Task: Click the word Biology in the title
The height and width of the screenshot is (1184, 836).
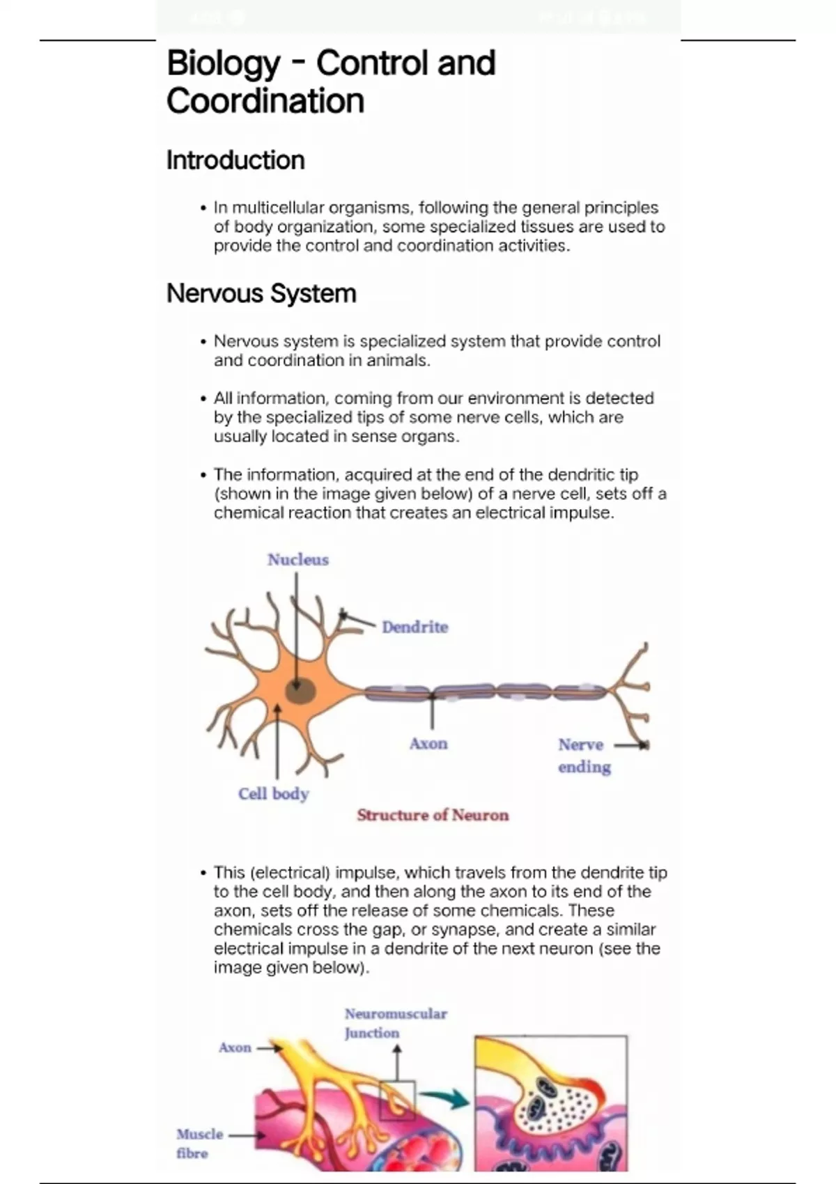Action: coord(223,64)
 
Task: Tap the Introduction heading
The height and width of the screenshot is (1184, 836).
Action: coord(235,160)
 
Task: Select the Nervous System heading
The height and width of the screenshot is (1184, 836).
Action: coord(261,293)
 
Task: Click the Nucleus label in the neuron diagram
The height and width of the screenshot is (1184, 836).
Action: coord(297,559)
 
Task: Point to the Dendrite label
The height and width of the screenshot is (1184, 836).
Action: coord(415,627)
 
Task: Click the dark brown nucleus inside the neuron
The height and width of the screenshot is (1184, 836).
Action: coord(300,690)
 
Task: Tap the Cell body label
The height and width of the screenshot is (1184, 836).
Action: coord(273,794)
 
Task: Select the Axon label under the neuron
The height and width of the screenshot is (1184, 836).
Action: coord(428,744)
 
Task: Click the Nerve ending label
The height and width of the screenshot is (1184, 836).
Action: coord(585,756)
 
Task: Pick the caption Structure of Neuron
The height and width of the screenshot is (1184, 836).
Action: coord(433,815)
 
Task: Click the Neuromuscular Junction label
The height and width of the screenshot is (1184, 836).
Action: coord(396,1023)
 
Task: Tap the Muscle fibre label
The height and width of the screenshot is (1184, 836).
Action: coord(199,1144)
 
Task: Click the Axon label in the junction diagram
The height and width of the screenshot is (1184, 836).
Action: coord(235,1047)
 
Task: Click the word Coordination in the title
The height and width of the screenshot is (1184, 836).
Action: coord(265,101)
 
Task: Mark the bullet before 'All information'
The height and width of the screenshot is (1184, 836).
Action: coord(203,398)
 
